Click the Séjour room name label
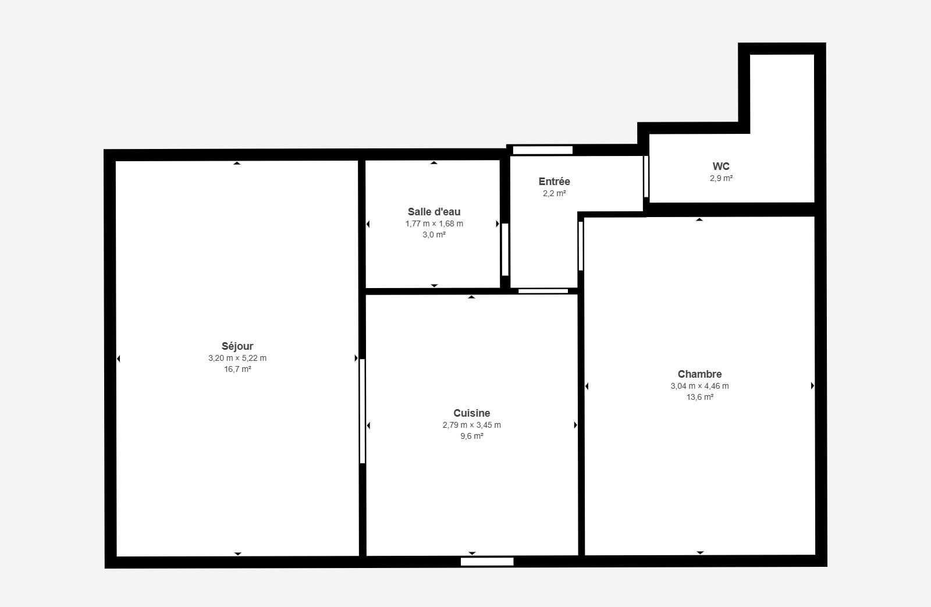tap(237, 346)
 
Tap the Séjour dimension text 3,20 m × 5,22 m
tap(237, 358)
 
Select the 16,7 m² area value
tap(237, 369)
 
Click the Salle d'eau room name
tap(434, 212)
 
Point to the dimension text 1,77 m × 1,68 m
tap(434, 223)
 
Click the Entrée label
tap(554, 181)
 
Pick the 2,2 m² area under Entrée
tap(554, 193)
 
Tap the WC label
tap(721, 166)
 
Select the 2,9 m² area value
tap(721, 178)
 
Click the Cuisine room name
tap(471, 413)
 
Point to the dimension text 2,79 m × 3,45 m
tap(471, 425)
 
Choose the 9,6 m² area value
tap(471, 436)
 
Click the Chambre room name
tap(699, 374)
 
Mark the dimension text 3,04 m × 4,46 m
tap(699, 386)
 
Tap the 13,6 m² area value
tap(699, 397)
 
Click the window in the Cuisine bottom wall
tap(486, 562)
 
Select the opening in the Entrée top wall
tap(542, 150)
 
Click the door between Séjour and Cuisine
tap(363, 411)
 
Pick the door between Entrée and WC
tap(646, 177)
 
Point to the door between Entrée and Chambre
tap(581, 246)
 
